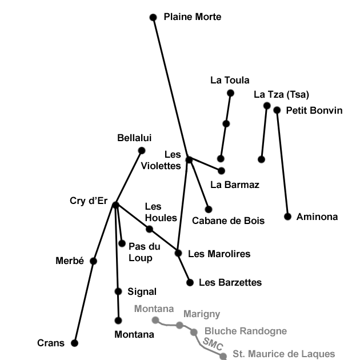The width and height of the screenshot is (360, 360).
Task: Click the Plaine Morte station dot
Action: (153, 18)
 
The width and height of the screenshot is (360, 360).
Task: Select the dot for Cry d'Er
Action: (115, 205)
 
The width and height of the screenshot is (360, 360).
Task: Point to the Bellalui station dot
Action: (142, 150)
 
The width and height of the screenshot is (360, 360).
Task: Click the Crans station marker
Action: (74, 343)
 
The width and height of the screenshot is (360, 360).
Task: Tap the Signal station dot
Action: (118, 291)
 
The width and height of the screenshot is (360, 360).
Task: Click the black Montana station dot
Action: (118, 321)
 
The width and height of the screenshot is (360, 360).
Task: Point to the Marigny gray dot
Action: (179, 325)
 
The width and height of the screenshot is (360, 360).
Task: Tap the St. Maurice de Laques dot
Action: (223, 356)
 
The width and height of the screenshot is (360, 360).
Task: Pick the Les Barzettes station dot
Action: (190, 282)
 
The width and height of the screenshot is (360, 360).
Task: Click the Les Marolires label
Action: (219, 253)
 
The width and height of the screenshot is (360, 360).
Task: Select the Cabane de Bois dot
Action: (209, 209)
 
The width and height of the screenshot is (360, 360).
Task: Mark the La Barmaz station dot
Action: (222, 170)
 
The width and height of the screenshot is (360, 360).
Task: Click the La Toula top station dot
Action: (231, 93)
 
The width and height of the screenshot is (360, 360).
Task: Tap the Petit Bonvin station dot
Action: (277, 110)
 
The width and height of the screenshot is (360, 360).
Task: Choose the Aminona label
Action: (317, 217)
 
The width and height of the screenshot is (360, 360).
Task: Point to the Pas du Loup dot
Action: (122, 243)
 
